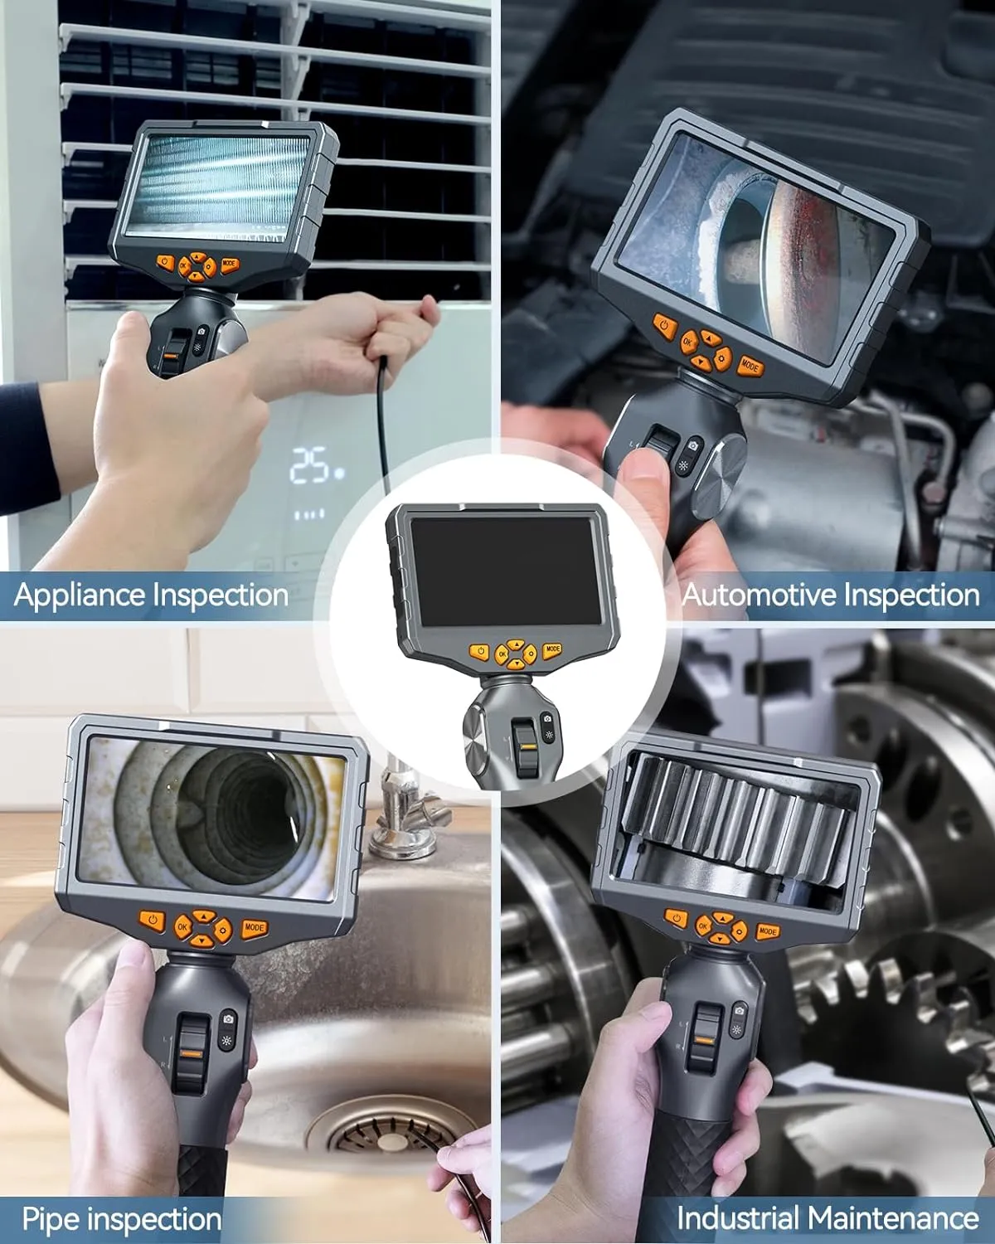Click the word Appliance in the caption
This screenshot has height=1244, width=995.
80,595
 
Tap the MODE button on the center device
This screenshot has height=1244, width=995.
552,649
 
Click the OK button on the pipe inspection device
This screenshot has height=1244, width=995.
182,927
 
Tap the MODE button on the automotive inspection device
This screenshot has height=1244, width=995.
750,366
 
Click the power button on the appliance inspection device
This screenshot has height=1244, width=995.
165,263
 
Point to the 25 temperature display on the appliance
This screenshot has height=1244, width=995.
309,464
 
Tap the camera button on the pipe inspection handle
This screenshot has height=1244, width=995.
228,1019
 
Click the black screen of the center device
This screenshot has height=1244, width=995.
505,570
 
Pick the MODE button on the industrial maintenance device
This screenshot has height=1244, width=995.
768,931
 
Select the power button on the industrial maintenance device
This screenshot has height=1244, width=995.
675,918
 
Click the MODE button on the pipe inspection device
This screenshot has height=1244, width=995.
254,928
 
